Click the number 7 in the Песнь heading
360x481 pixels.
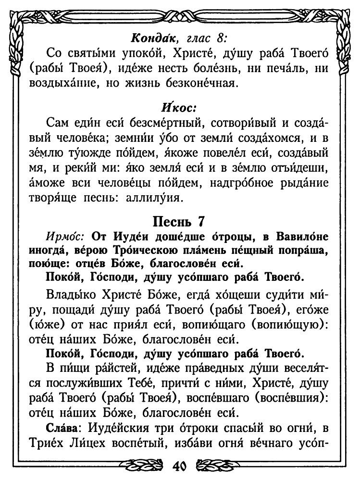200,222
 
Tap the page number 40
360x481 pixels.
179,467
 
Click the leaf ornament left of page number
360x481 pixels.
144,467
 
